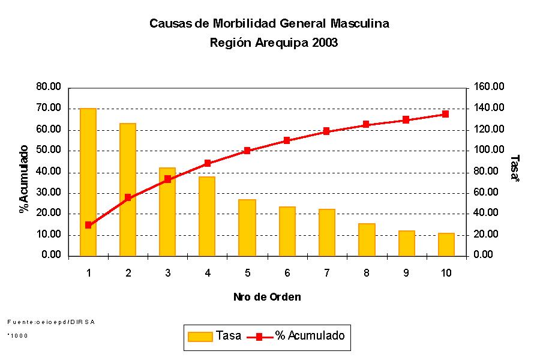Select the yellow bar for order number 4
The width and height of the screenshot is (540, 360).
pos(207,216)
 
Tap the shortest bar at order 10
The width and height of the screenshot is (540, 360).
pos(446,244)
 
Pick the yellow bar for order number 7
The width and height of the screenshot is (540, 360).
pos(326,232)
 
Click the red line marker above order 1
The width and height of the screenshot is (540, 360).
pos(88,225)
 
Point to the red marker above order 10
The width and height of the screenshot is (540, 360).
pos(445,113)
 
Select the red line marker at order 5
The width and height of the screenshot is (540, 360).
pos(247,151)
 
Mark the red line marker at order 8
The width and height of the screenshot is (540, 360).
pos(366,125)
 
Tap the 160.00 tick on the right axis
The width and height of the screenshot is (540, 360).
pos(489,87)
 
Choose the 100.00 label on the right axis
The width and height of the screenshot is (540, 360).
pos(489,150)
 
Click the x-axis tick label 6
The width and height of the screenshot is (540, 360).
pos(287,273)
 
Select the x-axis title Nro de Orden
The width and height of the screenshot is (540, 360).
pos(267,297)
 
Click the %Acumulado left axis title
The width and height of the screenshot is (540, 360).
pos(24,178)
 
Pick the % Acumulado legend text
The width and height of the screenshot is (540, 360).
pos(310,336)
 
